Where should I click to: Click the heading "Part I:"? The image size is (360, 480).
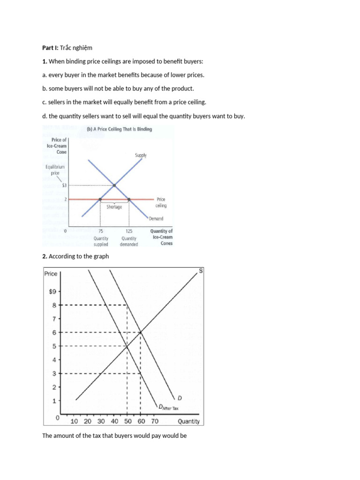(52, 48)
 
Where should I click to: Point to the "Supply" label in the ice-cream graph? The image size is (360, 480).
(141, 155)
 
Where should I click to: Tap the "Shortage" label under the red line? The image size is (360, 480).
(114, 207)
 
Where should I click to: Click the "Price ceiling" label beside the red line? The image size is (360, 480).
(161, 202)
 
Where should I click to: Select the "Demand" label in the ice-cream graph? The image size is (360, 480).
(156, 218)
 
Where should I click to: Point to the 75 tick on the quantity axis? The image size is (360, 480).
(100, 231)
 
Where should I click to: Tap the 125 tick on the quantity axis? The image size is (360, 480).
(129, 231)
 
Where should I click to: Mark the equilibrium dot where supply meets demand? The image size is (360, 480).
(114, 186)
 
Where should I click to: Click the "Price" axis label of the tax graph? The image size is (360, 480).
(51, 274)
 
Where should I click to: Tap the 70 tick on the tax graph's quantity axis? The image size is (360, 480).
(155, 421)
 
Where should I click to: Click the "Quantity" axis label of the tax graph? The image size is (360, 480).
(188, 421)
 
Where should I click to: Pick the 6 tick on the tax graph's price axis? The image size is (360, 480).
(54, 332)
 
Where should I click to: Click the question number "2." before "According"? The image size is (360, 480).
(45, 256)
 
